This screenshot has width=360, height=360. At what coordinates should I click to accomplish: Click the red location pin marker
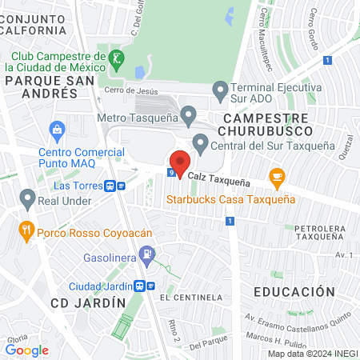(x=180, y=162)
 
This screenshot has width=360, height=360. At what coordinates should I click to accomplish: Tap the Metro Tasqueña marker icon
(x=189, y=116)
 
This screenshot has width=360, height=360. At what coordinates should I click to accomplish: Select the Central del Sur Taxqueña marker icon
(x=200, y=144)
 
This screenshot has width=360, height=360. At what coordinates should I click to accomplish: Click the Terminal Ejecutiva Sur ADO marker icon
(x=220, y=89)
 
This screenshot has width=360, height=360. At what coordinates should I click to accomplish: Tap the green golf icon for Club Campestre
(x=118, y=58)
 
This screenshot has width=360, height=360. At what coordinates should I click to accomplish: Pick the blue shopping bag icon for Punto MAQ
(x=57, y=129)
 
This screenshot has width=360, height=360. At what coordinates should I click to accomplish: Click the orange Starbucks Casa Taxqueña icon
(x=277, y=177)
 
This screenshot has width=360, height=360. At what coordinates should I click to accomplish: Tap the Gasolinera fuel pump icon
(x=146, y=256)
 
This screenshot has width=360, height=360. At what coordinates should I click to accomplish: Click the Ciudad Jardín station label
(x=98, y=286)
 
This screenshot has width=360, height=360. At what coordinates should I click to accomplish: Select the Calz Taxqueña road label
(x=220, y=182)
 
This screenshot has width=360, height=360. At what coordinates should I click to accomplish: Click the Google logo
(x=27, y=350)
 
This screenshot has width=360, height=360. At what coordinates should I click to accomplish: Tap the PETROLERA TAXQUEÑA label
(x=322, y=232)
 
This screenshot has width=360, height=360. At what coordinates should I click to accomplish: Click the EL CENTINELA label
(x=190, y=298)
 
